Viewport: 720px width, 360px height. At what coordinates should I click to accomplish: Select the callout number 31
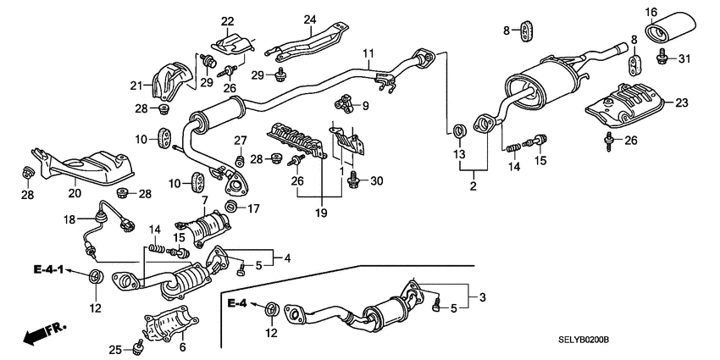point(684,58)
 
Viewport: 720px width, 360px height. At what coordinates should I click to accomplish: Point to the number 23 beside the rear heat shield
point(683,102)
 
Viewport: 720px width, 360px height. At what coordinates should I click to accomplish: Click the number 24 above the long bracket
point(309,19)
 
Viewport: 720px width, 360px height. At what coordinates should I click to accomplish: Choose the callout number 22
point(227,21)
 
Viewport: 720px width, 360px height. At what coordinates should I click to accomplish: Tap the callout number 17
point(255,208)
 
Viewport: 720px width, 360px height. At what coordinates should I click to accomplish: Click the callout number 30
point(377,180)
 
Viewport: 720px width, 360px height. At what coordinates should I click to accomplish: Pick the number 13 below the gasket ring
point(458,154)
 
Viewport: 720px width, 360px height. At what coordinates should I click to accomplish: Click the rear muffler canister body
point(542,82)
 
